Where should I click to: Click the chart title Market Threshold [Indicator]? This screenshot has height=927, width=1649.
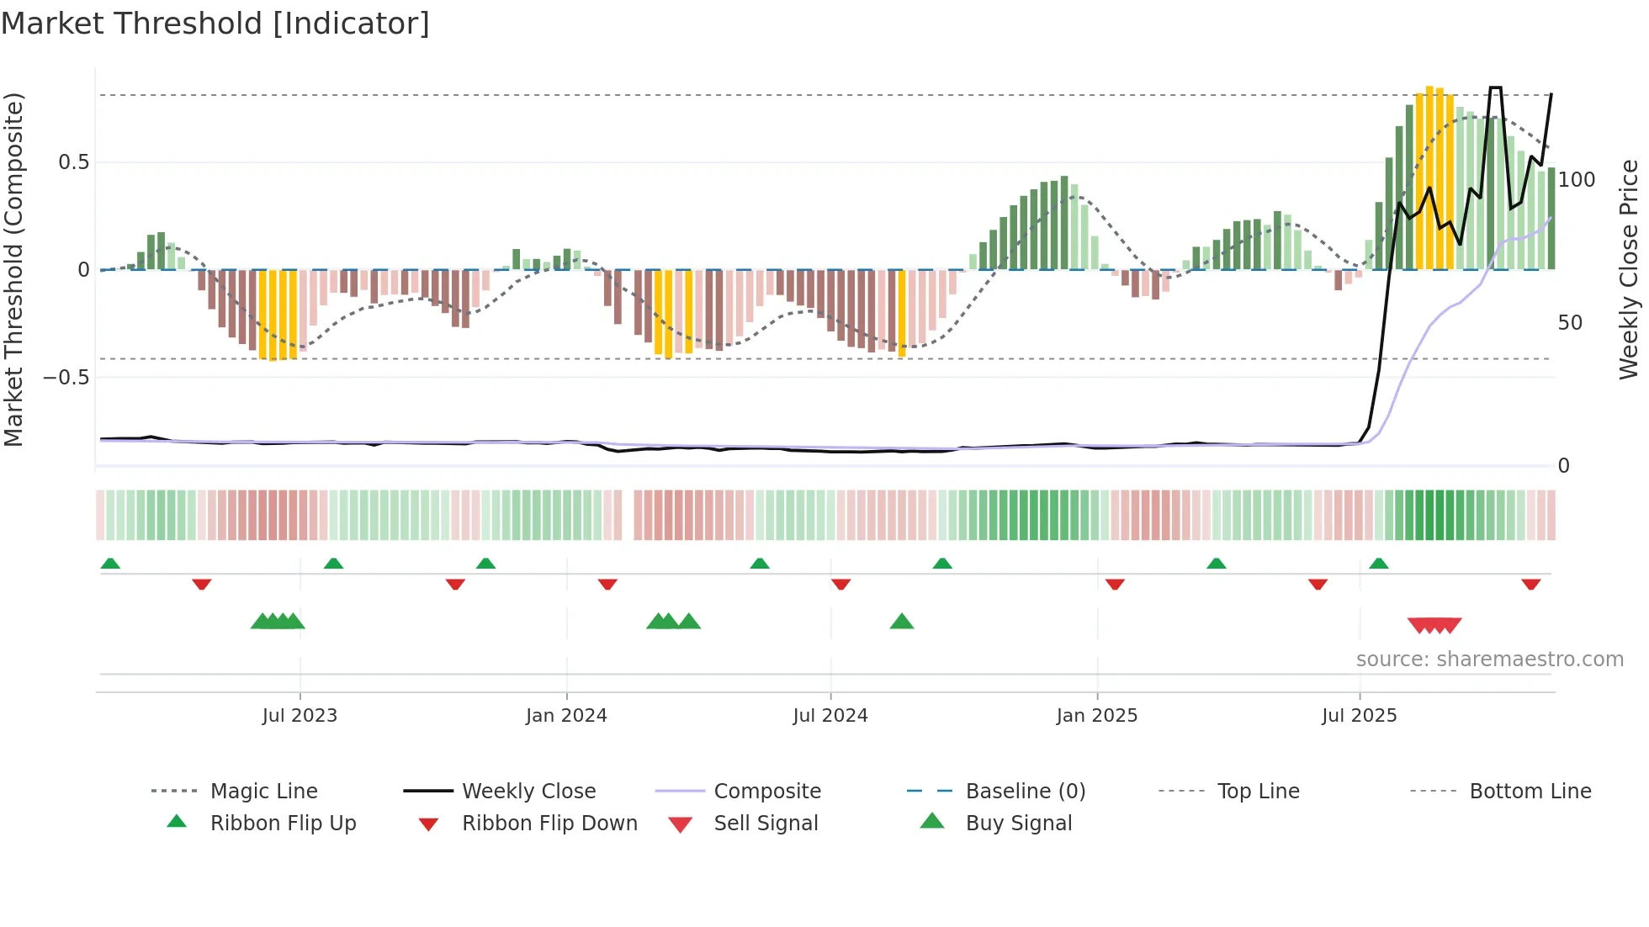(215, 24)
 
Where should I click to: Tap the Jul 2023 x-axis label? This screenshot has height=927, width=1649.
(300, 716)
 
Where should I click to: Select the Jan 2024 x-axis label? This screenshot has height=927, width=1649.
(566, 716)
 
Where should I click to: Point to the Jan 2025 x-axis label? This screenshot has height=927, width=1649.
(1096, 716)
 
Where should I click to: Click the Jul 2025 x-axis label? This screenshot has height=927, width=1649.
(1359, 716)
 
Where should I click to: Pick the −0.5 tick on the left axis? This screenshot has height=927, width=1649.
(66, 378)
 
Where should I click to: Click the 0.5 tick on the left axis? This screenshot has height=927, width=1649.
(73, 162)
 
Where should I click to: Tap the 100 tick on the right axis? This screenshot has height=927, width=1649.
(1576, 180)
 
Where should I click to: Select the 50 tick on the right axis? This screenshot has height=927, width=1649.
(1570, 323)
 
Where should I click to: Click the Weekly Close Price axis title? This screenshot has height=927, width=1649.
(1630, 269)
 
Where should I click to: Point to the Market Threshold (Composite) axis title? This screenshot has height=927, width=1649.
(14, 269)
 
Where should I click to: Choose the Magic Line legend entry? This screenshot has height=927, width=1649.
(263, 792)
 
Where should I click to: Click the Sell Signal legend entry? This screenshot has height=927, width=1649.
(766, 824)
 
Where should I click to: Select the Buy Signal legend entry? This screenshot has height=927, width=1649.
(1018, 824)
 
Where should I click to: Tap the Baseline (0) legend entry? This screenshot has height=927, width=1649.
(1025, 792)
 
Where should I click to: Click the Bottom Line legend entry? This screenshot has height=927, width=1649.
(1530, 792)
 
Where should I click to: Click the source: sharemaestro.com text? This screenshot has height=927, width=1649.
(1489, 659)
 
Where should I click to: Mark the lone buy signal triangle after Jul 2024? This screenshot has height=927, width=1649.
(901, 622)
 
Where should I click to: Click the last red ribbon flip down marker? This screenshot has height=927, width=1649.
(1530, 584)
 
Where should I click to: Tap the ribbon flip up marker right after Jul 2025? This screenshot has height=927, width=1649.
(1378, 564)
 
